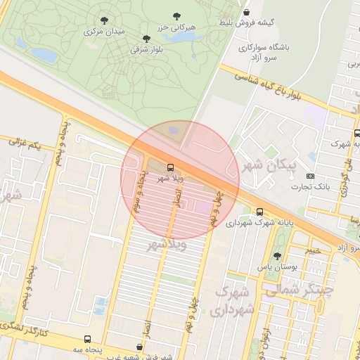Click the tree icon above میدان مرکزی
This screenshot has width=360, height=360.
(105, 20)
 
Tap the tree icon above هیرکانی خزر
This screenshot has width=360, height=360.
(176, 15)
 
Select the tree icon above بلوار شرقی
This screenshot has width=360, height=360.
(146, 39)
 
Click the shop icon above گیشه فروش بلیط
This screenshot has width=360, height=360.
(246, 11)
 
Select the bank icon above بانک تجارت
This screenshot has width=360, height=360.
(311, 175)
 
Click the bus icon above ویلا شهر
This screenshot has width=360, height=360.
(170, 167)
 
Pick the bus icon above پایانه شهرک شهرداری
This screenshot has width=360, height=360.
(260, 212)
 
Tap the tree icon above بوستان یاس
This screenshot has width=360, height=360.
(276, 257)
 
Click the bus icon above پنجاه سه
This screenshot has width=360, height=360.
(87, 339)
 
